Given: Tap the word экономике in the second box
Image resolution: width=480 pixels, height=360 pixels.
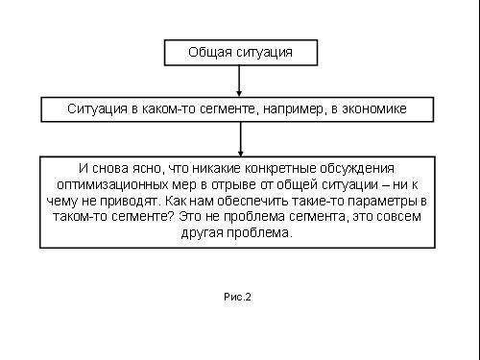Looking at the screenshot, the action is click(x=374, y=109).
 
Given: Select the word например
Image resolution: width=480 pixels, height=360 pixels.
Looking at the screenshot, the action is click(x=293, y=109).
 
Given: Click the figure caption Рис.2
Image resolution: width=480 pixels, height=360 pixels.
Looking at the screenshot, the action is click(x=237, y=297).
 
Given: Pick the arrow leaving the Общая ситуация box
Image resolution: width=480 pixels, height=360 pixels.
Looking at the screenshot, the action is click(x=239, y=81).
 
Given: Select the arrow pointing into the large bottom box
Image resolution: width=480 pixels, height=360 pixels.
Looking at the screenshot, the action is click(x=241, y=139).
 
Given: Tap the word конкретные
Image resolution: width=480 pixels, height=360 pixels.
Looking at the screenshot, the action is click(x=280, y=169).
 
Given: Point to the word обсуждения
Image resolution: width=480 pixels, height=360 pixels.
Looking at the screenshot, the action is click(x=357, y=169).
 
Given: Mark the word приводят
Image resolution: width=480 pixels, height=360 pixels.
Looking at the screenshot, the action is click(x=132, y=202).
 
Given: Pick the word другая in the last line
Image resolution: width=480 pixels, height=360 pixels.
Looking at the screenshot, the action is click(x=203, y=233).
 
